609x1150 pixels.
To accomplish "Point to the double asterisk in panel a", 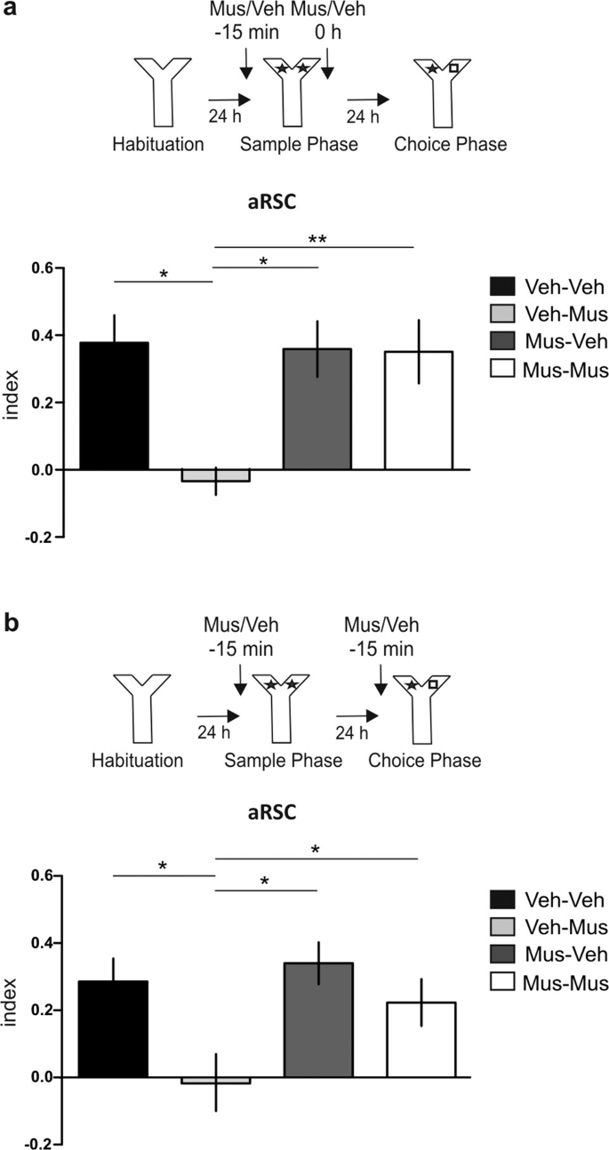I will (316, 239).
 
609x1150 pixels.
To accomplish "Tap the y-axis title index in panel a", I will (12, 403).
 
